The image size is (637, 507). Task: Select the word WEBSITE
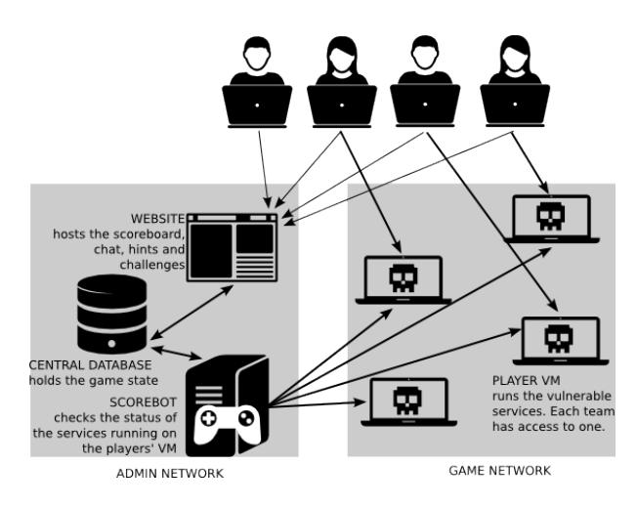157,217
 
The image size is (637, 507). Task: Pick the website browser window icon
232,244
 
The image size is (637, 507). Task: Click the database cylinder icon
112,314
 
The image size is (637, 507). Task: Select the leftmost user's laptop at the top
258,102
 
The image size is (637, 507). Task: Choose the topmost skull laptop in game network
552,218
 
